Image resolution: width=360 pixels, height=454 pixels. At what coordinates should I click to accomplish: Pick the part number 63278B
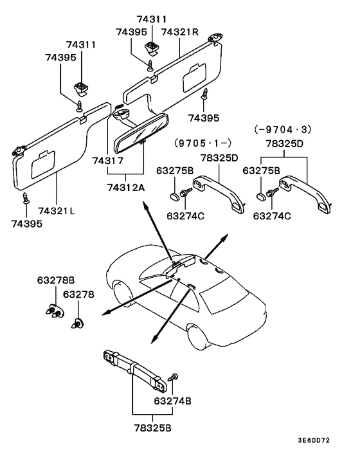55,280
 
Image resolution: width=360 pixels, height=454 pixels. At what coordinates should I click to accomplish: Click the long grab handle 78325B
135,370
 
